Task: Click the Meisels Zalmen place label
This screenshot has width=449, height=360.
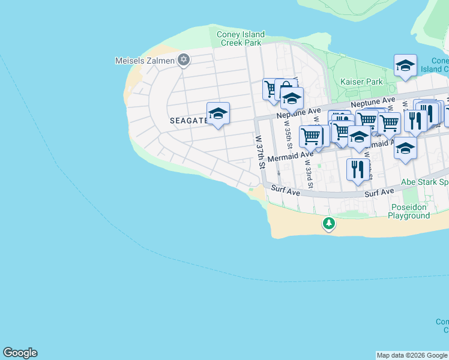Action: [145, 61]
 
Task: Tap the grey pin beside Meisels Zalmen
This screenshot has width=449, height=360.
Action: [184, 60]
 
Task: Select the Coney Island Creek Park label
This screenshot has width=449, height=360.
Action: [240, 38]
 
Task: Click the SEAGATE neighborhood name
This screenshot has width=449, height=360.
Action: [188, 121]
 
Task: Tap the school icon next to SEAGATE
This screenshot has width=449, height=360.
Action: [218, 113]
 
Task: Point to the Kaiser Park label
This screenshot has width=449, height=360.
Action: [361, 82]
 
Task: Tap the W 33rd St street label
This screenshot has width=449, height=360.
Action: [308, 170]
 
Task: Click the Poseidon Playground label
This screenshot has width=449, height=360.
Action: [408, 211]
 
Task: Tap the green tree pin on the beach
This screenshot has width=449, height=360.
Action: [328, 224]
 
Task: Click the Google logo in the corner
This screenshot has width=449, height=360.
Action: [20, 353]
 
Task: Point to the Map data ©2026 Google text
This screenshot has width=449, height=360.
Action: [411, 355]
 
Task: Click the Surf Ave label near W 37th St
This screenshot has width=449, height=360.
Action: [285, 188]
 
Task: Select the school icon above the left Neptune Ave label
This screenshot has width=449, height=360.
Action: [292, 97]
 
